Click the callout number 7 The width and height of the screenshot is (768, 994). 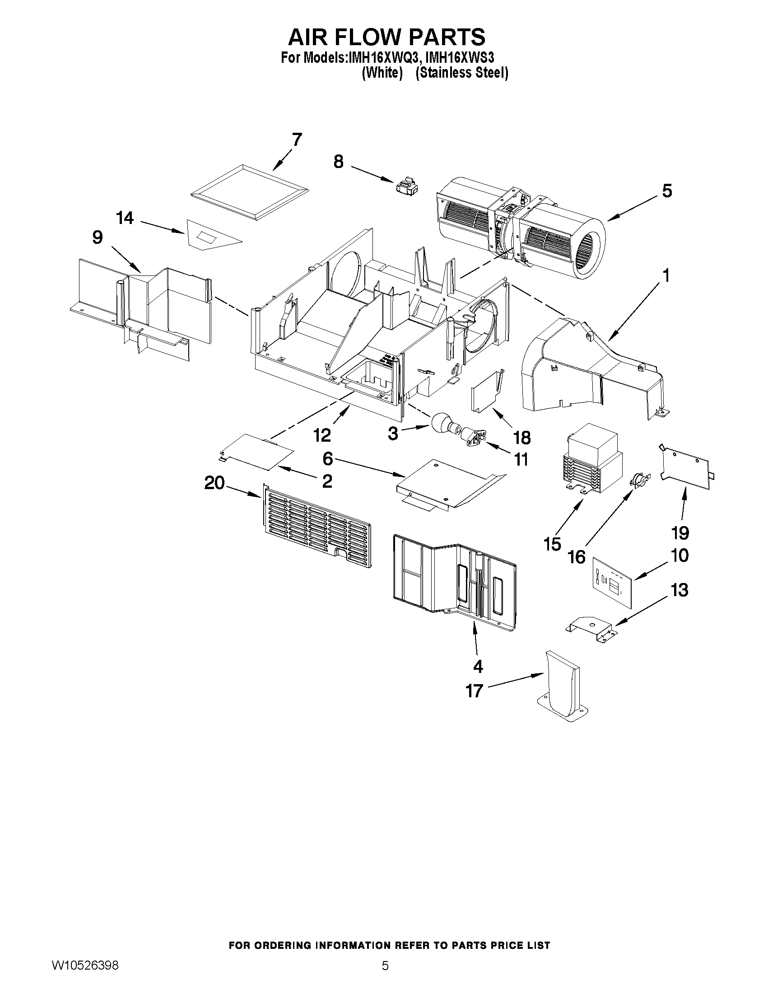[x=297, y=140]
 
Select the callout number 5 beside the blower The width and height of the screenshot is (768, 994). [x=666, y=191]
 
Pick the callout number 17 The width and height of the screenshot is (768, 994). [x=474, y=691]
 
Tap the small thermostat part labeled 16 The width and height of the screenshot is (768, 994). [x=639, y=479]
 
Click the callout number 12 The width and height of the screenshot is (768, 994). [x=322, y=435]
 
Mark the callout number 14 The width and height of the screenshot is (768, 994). [x=125, y=218]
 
